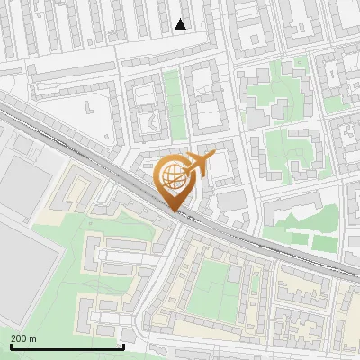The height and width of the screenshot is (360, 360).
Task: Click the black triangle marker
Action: (x=181, y=24)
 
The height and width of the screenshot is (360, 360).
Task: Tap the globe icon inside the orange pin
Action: (x=171, y=175)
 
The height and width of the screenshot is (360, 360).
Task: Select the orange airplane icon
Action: (x=197, y=165)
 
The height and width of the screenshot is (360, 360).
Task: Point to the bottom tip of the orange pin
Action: (x=172, y=211)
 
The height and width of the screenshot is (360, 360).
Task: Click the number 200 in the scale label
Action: (x=20, y=338)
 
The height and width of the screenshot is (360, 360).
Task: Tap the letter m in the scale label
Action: (x=33, y=338)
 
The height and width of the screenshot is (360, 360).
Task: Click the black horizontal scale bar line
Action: (x=67, y=346)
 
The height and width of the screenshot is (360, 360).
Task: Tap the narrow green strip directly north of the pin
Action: (x=173, y=103)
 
